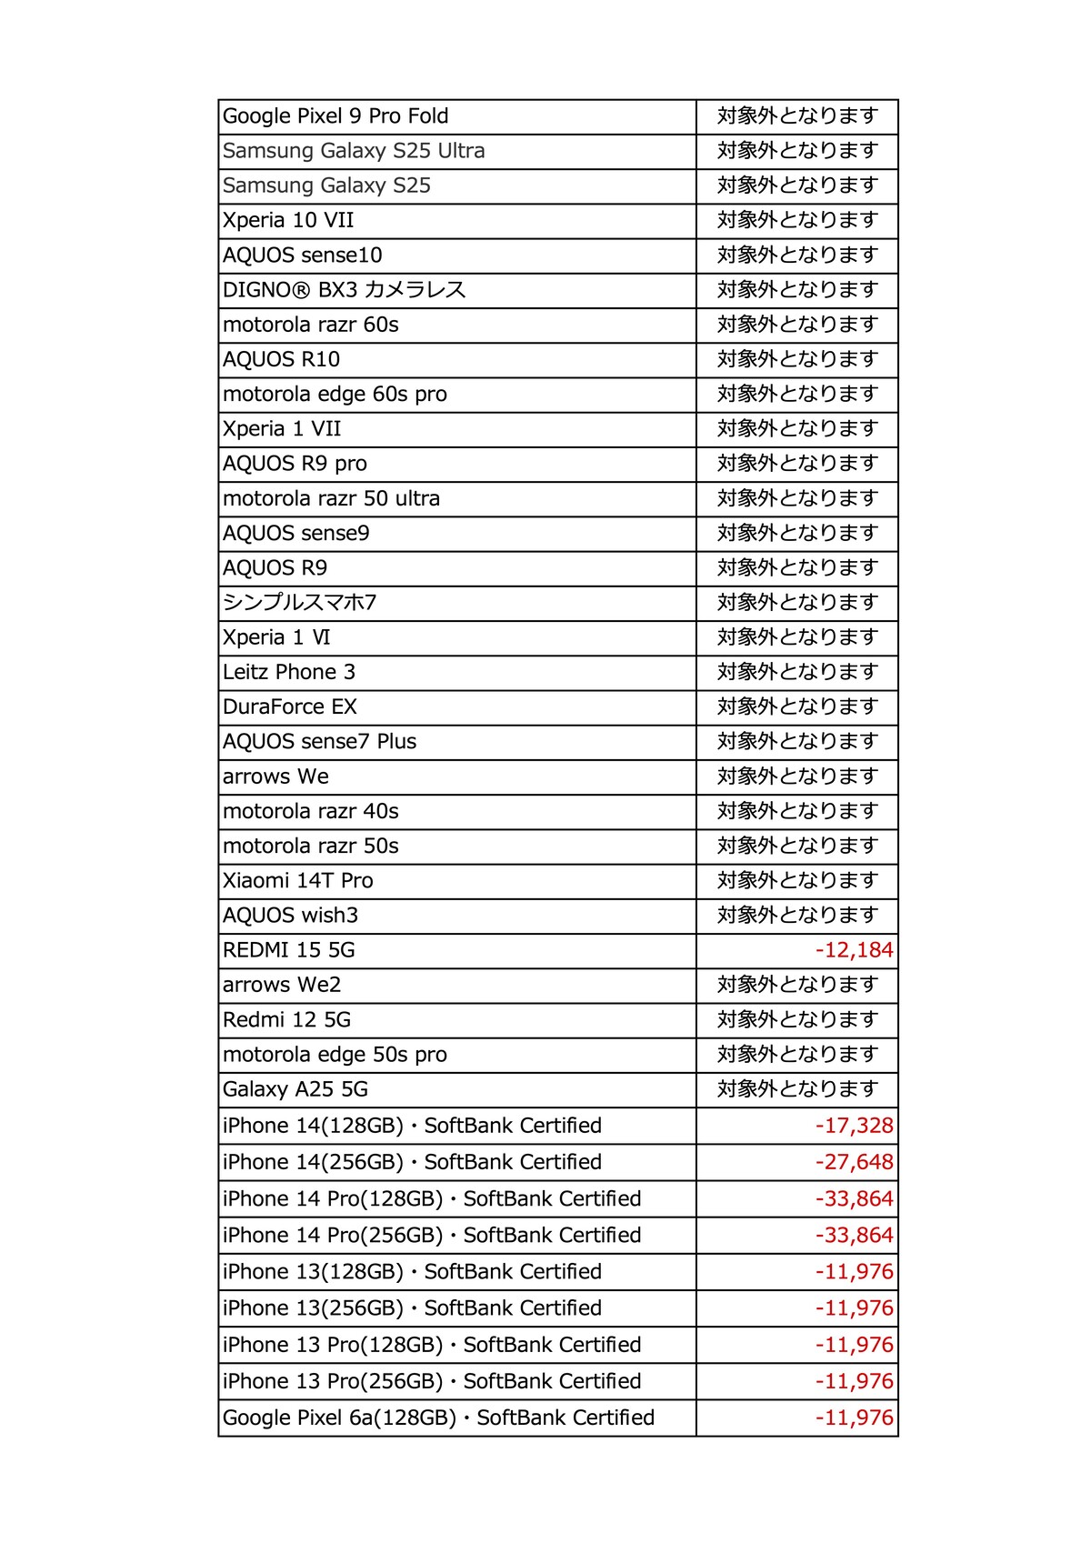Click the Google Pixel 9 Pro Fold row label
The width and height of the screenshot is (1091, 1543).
point(335,116)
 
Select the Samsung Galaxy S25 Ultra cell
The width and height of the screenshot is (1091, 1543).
point(354,151)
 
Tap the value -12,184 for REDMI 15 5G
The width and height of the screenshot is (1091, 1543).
point(854,950)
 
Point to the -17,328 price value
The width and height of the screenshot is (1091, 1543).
point(854,1126)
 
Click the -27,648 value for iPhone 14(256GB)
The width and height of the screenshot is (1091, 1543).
point(854,1162)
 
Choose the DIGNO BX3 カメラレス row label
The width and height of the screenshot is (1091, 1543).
point(344,290)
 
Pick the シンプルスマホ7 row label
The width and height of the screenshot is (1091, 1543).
point(299,603)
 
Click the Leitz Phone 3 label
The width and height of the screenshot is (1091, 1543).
point(289,672)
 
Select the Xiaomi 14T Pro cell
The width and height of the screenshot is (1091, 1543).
point(298,880)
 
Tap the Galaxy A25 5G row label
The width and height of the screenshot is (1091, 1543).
point(295,1089)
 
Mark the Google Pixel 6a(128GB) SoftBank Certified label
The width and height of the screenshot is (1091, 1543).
point(438,1418)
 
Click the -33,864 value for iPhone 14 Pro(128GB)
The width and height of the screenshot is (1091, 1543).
point(854,1198)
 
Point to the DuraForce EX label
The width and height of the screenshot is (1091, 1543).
point(290,706)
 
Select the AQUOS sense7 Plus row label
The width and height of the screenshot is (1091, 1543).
point(319,742)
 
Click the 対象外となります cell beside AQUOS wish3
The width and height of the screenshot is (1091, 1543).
point(797,916)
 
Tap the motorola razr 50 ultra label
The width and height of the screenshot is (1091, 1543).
point(331,498)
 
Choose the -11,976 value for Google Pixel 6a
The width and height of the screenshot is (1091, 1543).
point(854,1418)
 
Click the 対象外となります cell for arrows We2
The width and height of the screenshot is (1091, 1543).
point(797,985)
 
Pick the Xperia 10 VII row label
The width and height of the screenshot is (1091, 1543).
point(288,220)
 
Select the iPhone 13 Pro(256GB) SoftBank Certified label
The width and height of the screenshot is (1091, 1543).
point(432,1381)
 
